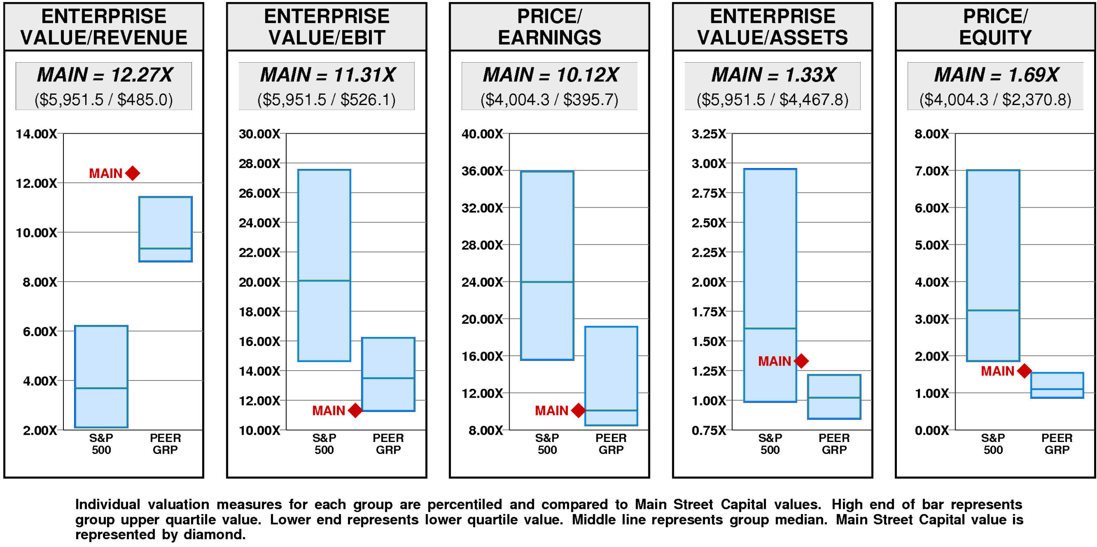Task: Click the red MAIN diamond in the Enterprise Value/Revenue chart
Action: click(x=133, y=173)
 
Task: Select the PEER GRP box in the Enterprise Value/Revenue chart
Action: click(x=165, y=229)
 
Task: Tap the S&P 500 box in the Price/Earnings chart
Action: click(x=547, y=265)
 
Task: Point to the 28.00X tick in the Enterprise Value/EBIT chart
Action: click(x=259, y=163)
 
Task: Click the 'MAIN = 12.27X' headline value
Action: click(x=105, y=75)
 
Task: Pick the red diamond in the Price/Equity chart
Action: click(x=1024, y=371)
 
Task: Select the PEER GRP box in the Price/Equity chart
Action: click(x=1057, y=385)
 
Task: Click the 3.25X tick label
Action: click(x=709, y=134)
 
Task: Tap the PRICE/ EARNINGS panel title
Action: click(x=549, y=27)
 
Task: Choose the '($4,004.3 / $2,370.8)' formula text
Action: click(x=995, y=99)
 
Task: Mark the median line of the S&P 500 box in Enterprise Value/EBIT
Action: click(x=324, y=281)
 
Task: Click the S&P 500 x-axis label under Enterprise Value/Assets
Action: click(x=770, y=444)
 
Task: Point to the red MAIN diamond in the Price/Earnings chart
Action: click(x=578, y=410)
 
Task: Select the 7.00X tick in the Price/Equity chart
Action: click(x=932, y=171)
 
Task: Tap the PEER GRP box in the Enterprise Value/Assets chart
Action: click(x=834, y=397)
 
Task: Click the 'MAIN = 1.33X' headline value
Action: click(x=773, y=75)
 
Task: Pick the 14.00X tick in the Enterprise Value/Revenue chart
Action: click(x=36, y=134)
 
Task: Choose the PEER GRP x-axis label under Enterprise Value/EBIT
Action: click(x=388, y=444)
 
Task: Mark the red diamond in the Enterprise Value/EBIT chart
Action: click(x=355, y=410)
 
